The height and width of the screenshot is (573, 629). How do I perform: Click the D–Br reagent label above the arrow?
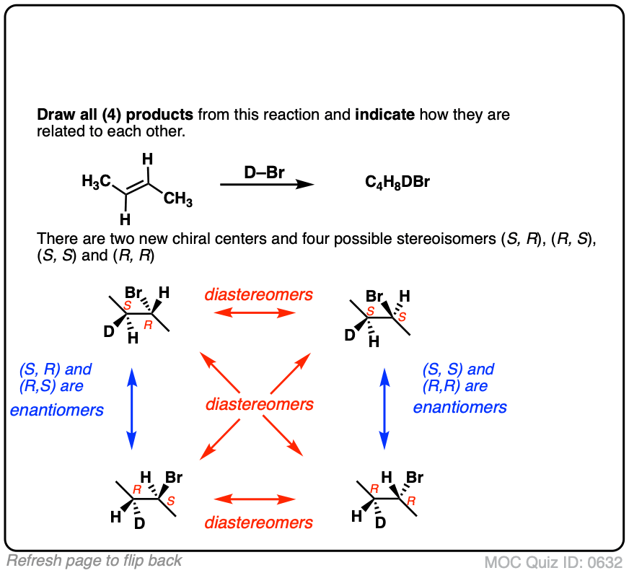click(x=265, y=172)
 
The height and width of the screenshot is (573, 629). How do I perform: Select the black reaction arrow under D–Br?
click(x=266, y=185)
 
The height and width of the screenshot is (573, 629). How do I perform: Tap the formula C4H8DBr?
click(x=397, y=183)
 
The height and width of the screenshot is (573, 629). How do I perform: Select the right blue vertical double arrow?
click(x=384, y=408)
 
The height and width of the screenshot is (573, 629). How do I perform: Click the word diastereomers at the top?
click(x=258, y=294)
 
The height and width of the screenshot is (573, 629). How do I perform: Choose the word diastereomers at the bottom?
click(x=259, y=522)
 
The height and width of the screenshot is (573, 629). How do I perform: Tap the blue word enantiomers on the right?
click(x=459, y=407)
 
